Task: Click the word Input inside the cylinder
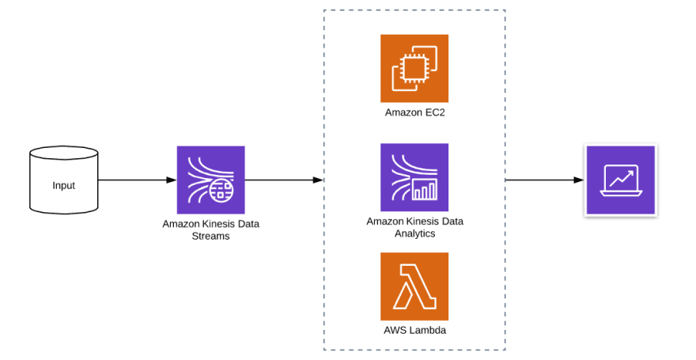[63, 186]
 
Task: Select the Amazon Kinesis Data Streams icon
[211, 180]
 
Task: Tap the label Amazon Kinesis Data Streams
[211, 230]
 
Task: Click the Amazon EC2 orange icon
[414, 68]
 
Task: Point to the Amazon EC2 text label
[414, 112]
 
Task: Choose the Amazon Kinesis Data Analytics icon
[414, 177]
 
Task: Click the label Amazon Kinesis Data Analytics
[414, 227]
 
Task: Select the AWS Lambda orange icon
[414, 286]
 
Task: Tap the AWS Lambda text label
[414, 330]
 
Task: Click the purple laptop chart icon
[621, 180]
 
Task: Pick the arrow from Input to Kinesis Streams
[138, 180]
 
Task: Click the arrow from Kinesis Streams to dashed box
[284, 180]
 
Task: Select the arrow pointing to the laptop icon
[545, 180]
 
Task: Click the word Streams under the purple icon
[211, 236]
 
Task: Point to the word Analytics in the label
[414, 233]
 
